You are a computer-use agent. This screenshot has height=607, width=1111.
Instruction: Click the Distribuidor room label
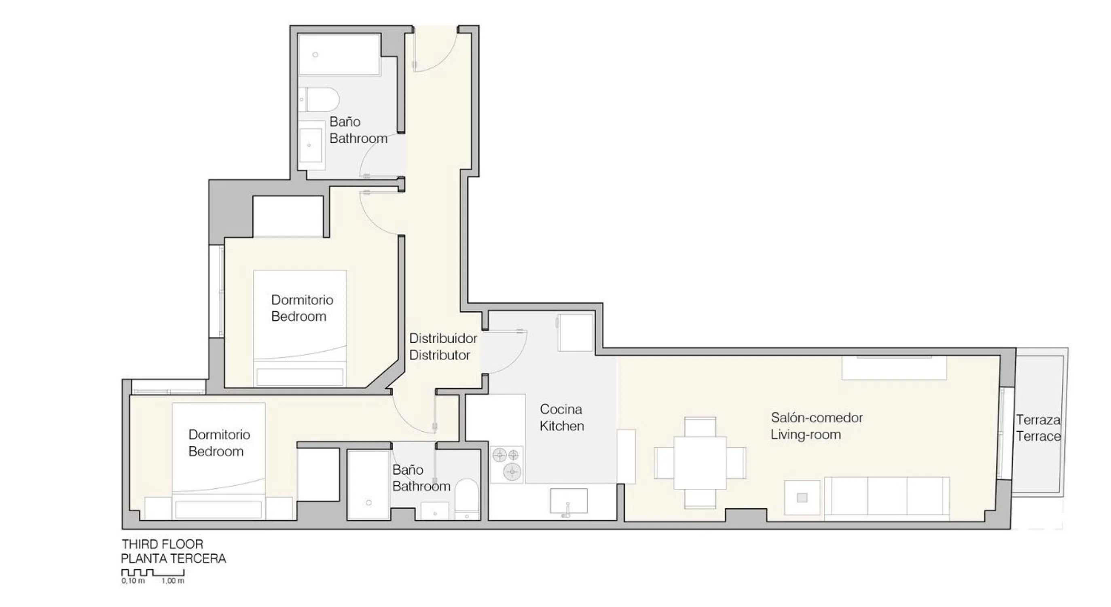(443, 338)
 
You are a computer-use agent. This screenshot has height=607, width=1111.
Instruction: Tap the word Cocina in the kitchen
(561, 409)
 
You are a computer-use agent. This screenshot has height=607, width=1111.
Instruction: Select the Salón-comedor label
(817, 418)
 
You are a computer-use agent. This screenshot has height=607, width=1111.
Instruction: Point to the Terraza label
(1038, 420)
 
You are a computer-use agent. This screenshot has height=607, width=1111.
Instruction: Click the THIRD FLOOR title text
(162, 544)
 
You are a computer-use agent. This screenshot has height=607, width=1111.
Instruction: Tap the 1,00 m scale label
(173, 581)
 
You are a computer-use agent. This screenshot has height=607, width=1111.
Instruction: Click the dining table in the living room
(700, 463)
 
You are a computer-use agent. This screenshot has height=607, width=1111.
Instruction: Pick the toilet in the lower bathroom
(467, 500)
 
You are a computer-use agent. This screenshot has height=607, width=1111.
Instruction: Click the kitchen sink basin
(568, 501)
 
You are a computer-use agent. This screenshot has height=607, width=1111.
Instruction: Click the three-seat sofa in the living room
(887, 496)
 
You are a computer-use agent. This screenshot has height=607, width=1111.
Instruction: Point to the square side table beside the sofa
(802, 497)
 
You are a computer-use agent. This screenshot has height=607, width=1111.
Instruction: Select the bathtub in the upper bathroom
(339, 55)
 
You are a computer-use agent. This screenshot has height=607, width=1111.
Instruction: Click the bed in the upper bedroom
(300, 328)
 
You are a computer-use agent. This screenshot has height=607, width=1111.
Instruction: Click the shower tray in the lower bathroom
(368, 485)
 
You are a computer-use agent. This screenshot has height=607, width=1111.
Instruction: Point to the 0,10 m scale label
(133, 581)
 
